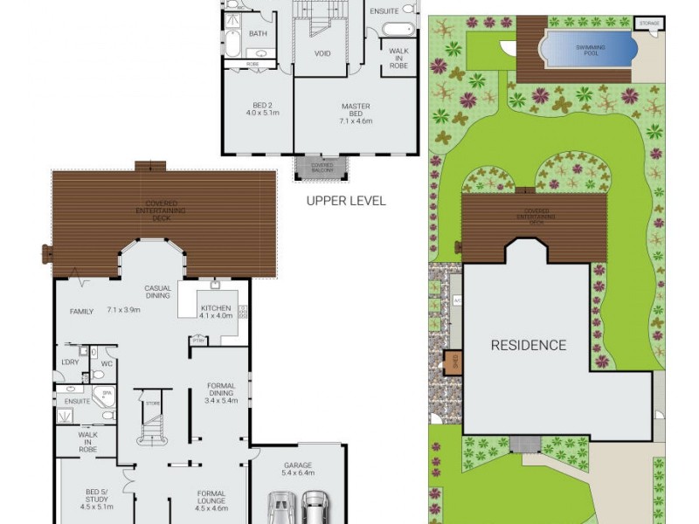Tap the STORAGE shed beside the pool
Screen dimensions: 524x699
(x=648, y=24)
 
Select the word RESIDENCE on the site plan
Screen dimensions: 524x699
(x=528, y=345)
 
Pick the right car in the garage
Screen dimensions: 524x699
(x=314, y=507)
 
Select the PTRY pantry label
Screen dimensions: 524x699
(x=199, y=341)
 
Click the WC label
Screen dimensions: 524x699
(x=107, y=362)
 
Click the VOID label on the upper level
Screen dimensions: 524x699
(x=323, y=53)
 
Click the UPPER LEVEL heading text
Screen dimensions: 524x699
(x=345, y=200)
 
